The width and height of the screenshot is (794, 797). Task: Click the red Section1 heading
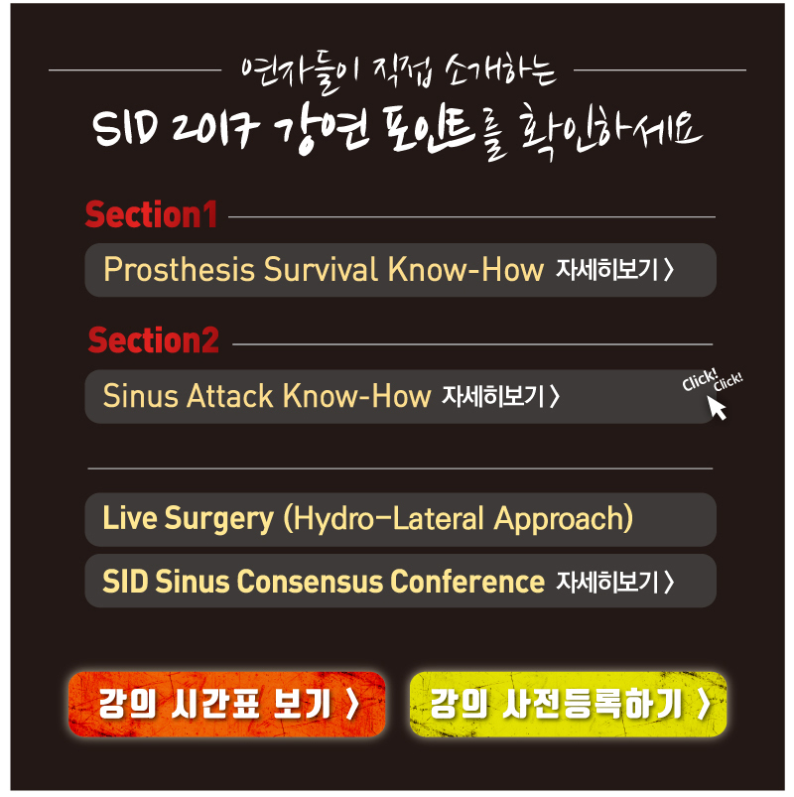[152, 214]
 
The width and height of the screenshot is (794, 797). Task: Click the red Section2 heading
[154, 340]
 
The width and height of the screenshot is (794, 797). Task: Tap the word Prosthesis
[179, 269]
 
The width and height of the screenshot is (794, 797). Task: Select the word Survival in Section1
[321, 269]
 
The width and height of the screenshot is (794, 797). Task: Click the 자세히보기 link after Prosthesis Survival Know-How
[615, 269]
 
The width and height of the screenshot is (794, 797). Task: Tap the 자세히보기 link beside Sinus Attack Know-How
[501, 396]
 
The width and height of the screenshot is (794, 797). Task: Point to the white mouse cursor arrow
[717, 407]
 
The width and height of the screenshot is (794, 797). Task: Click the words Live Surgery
[189, 519]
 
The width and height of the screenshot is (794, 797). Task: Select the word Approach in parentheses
[558, 519]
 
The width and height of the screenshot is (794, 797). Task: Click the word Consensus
[310, 582]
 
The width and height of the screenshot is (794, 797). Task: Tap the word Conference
[467, 582]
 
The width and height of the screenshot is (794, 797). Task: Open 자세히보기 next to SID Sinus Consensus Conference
[615, 582]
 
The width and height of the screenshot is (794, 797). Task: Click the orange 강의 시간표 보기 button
[226, 704]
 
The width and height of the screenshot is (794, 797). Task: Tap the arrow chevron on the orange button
[352, 704]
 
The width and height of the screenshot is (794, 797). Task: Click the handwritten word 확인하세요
[612, 132]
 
